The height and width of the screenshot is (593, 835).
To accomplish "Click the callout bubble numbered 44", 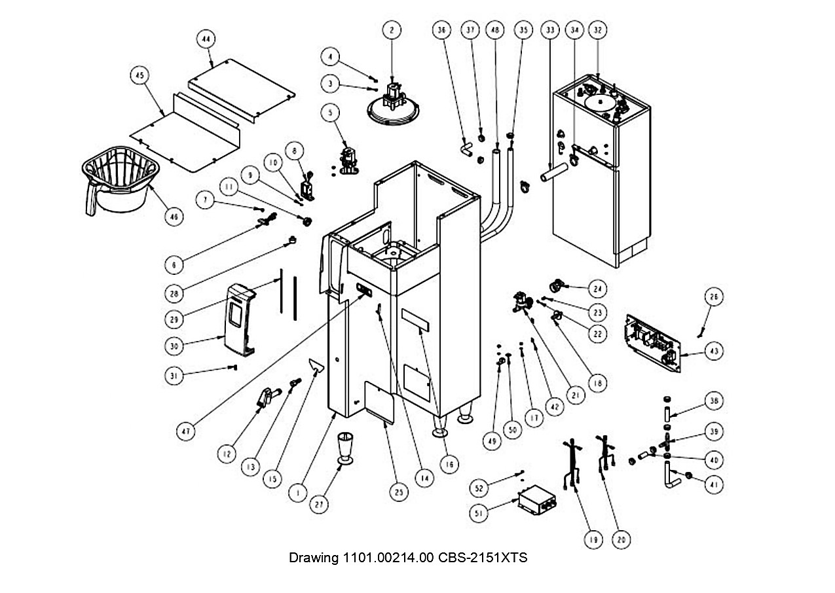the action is pyautogui.click(x=206, y=39).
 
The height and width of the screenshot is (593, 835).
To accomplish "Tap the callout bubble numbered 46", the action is pyautogui.click(x=174, y=217).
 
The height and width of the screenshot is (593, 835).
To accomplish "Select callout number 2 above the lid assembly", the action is pyautogui.click(x=392, y=30).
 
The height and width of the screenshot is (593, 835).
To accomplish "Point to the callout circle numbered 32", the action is pyautogui.click(x=597, y=30).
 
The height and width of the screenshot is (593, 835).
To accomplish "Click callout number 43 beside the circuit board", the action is pyautogui.click(x=714, y=351).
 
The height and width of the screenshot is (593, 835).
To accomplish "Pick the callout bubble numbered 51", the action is pyautogui.click(x=479, y=514).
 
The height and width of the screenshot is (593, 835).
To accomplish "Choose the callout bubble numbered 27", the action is pyautogui.click(x=319, y=505).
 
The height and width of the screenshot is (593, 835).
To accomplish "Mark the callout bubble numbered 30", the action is pyautogui.click(x=174, y=346).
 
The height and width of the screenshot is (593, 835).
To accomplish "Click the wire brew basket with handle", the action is pyautogui.click(x=121, y=181).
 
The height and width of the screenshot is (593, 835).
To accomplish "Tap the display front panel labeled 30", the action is pyautogui.click(x=240, y=319).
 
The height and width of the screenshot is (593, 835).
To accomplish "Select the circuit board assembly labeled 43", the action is pyautogui.click(x=653, y=343).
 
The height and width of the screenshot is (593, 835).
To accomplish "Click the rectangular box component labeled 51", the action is pyautogui.click(x=537, y=500).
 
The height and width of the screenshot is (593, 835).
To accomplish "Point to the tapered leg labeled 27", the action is pyautogui.click(x=345, y=448).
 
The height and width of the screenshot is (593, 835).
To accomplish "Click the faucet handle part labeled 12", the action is pyautogui.click(x=269, y=397).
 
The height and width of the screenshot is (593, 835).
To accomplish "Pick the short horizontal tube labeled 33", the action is pyautogui.click(x=554, y=172).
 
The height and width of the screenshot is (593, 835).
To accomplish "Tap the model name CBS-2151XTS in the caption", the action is pyautogui.click(x=483, y=558).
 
